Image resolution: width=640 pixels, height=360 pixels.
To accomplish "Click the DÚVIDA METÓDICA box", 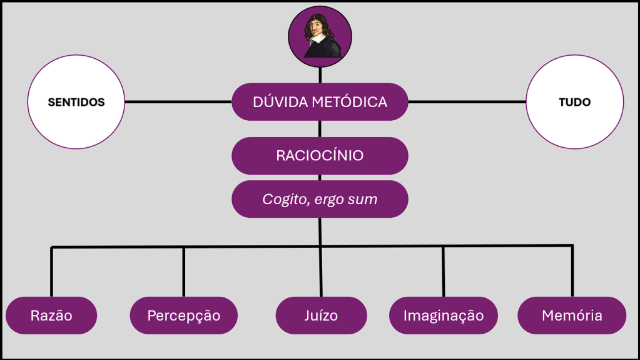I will [x=320, y=101].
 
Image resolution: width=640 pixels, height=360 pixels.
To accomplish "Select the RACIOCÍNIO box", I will [x=320, y=155].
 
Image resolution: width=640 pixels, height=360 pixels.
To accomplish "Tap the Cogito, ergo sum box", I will [x=320, y=199].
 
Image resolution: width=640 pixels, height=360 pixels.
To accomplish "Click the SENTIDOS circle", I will [x=76, y=102].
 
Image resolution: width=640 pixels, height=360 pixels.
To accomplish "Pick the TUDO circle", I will [x=574, y=102].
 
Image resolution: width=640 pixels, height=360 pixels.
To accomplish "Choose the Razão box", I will [x=51, y=315].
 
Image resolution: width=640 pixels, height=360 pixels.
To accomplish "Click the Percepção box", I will [x=183, y=315].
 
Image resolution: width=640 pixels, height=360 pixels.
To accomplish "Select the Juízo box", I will [x=321, y=315].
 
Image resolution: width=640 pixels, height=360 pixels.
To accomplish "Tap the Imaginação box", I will [x=444, y=315].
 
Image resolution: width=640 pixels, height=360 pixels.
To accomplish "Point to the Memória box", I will [x=572, y=315].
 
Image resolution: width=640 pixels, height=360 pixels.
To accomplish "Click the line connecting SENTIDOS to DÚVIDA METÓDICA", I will [x=178, y=101].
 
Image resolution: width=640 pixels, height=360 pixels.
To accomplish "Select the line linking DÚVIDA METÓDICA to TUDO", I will [x=467, y=101].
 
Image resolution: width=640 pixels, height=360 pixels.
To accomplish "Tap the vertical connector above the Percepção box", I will [x=183, y=272].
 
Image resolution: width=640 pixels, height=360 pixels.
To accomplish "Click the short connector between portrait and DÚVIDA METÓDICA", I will [x=320, y=73].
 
